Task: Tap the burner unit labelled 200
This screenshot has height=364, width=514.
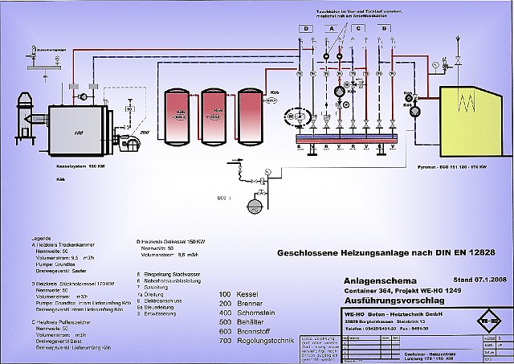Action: (x=128, y=142)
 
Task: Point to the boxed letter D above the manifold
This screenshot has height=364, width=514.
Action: (x=306, y=29)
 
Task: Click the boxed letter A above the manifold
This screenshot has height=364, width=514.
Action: (x=331, y=29)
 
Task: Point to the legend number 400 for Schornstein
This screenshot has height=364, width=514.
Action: (x=226, y=314)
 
